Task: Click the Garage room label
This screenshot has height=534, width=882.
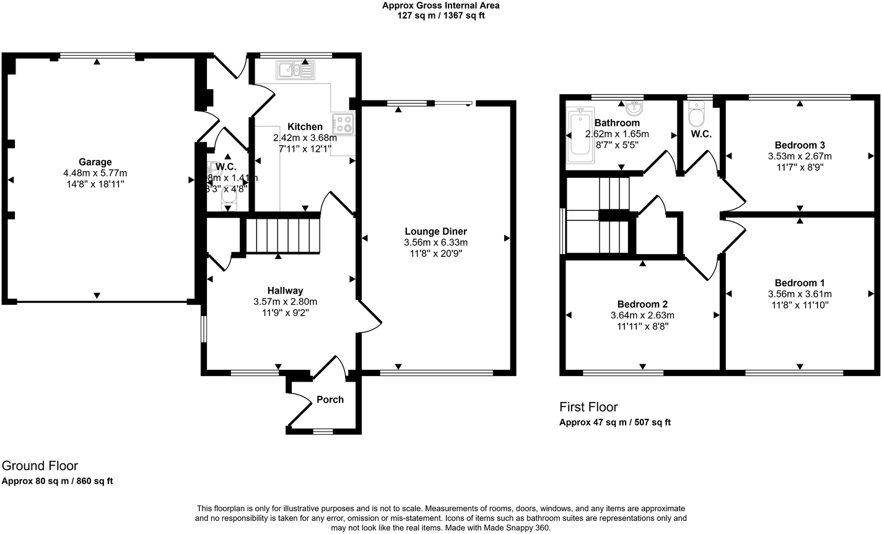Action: click(95, 162)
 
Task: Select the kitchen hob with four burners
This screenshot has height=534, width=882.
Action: click(343, 125)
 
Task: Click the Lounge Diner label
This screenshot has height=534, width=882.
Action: click(435, 232)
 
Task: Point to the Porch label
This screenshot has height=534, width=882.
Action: click(330, 400)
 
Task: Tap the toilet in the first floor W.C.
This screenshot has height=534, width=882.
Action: click(697, 115)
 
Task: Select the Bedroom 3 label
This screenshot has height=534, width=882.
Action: click(800, 146)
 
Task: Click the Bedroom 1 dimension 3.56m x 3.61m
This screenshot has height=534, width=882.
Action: click(800, 294)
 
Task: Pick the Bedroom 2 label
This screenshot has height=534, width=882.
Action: click(642, 304)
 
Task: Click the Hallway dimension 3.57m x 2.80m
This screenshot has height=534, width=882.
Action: click(285, 302)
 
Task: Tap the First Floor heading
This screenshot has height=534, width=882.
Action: click(588, 407)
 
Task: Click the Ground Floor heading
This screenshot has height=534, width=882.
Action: click(40, 466)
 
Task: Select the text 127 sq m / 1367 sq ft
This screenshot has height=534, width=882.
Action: click(440, 15)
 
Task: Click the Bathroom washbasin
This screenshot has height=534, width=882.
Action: click(634, 108)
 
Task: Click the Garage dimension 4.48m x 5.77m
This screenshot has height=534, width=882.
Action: click(95, 173)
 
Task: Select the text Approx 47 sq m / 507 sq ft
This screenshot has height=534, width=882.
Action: click(614, 422)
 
